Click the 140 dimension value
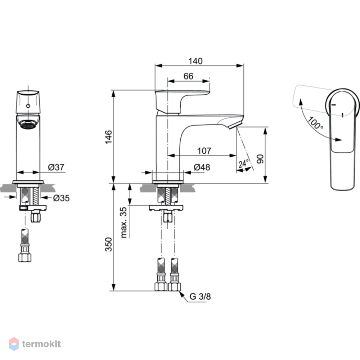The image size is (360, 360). pos(195,61)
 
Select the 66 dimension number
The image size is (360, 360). pos(188,76)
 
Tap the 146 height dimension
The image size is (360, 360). pos(109,137)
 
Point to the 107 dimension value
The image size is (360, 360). pos(204,151)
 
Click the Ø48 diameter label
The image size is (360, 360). pos(202,167)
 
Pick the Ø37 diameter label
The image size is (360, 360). pos(56,167)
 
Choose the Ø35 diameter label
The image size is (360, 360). pos(61,198)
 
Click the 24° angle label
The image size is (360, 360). pos(243,164)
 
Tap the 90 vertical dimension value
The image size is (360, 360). pos(260,159)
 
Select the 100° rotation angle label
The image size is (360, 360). pos(315,123)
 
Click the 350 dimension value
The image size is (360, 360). pos(109,244)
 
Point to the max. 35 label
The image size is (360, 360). pos(123,222)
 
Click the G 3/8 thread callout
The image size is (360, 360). pos(200,296)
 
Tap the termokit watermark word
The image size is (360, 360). pos(41,344)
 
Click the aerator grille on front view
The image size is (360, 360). pos(28,126)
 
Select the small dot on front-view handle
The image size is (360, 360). pos(28,106)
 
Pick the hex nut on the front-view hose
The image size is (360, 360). pos(25,257)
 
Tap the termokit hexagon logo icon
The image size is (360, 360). pos(14,344)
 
